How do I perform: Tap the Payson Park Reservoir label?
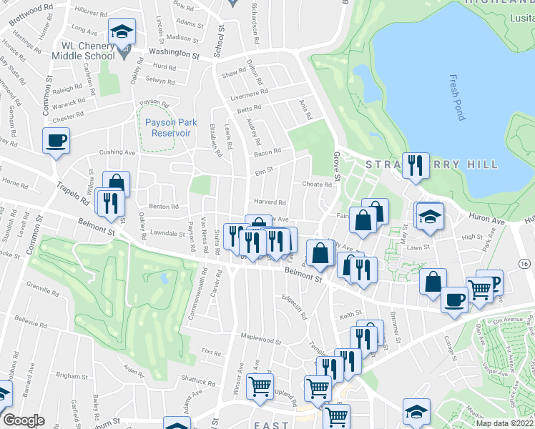[x=170, y=127]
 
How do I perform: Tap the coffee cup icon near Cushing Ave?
[x=56, y=140]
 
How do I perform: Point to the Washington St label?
[x=174, y=54]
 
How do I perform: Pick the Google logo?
[x=24, y=420]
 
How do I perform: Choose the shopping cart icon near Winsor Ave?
[x=260, y=385]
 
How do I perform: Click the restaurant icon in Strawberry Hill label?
[x=415, y=165]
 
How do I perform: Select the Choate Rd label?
[x=317, y=184]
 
